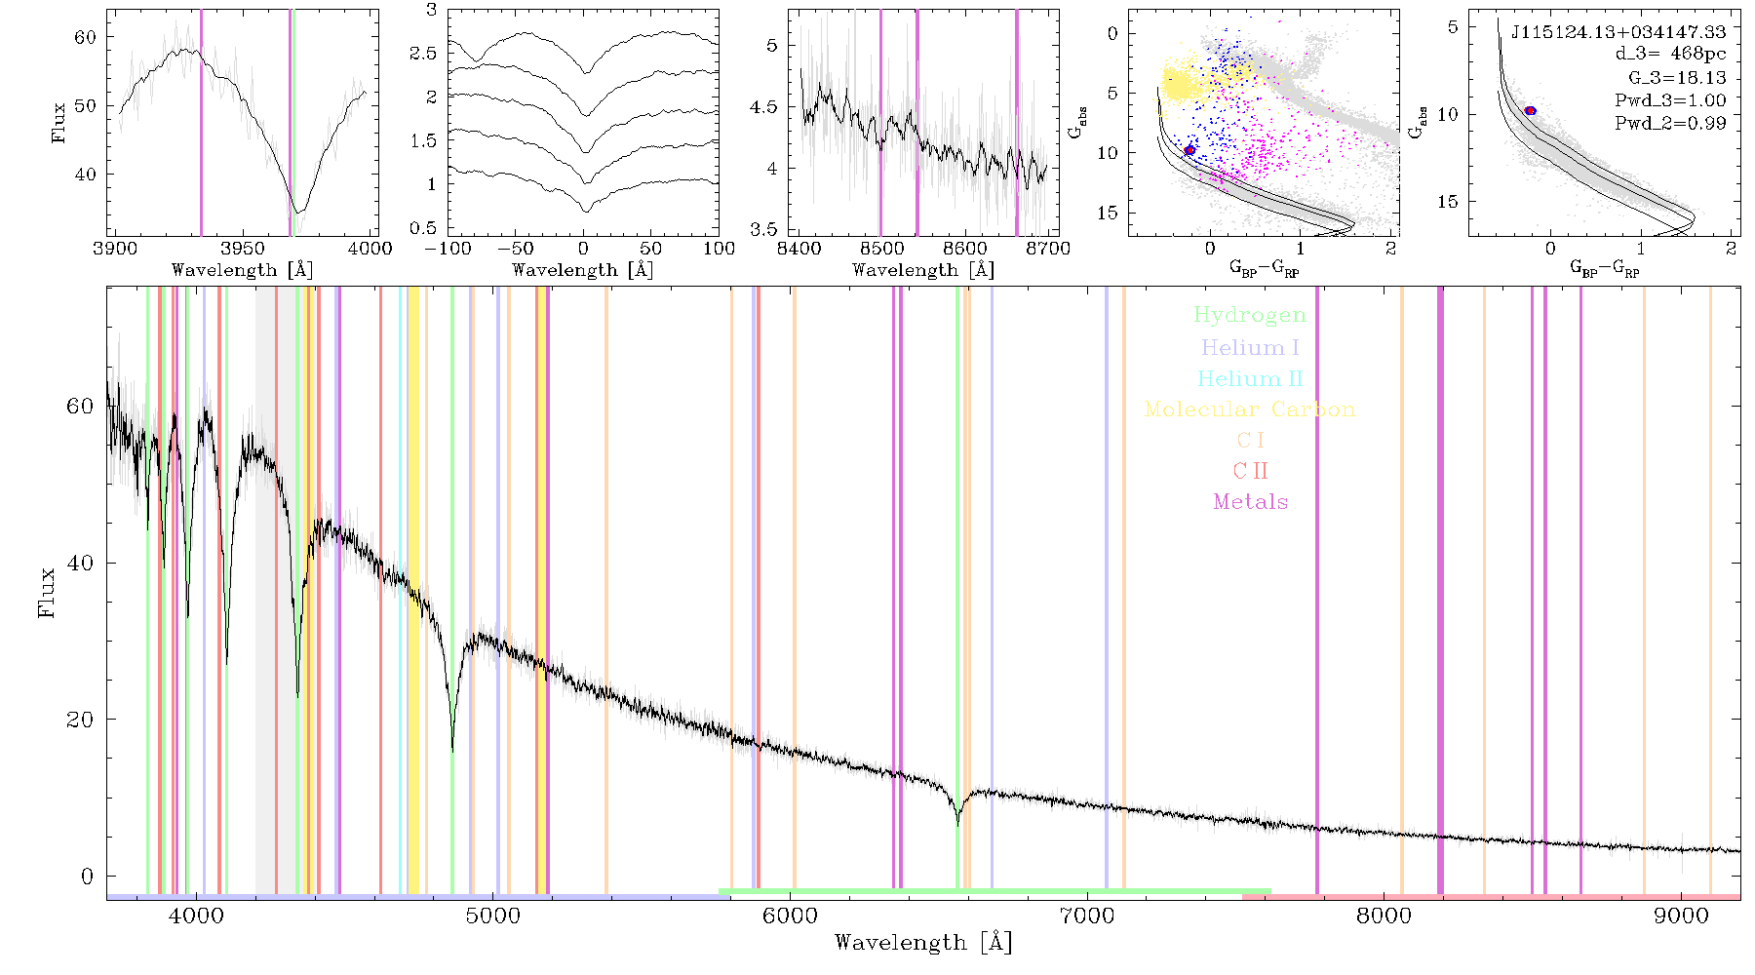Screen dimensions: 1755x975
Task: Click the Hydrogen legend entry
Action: click(x=1249, y=315)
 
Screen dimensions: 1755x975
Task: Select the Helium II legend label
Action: click(x=1250, y=378)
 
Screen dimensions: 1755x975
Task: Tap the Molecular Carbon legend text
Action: click(x=1250, y=409)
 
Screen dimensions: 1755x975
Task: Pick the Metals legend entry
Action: click(x=1250, y=501)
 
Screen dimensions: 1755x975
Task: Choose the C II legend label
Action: click(x=1250, y=471)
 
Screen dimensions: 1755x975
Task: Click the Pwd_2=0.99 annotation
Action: click(x=1670, y=123)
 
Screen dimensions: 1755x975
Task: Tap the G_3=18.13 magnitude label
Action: click(x=1677, y=77)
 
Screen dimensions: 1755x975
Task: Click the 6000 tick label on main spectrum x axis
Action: click(x=791, y=916)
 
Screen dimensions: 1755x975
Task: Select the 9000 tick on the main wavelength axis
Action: click(x=1681, y=916)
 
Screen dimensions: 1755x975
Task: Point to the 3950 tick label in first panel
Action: click(x=243, y=248)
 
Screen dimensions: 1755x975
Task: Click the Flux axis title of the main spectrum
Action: click(x=46, y=592)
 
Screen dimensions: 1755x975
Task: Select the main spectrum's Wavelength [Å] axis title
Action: click(x=922, y=943)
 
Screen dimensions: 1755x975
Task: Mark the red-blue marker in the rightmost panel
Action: click(x=1530, y=110)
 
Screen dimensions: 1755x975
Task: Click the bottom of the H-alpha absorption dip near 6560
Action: click(x=957, y=825)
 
